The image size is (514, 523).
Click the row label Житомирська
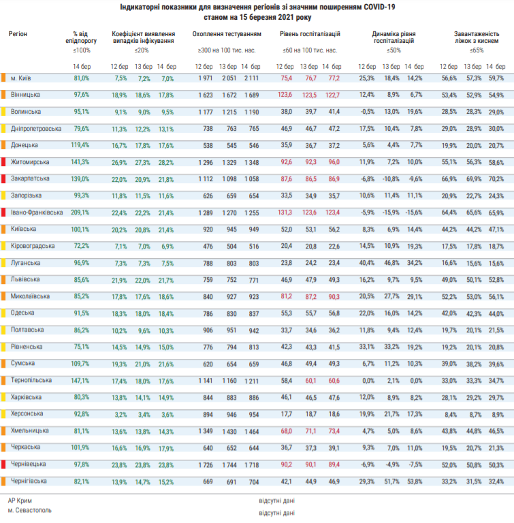click(30, 162)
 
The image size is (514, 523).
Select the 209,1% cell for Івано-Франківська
click(80, 212)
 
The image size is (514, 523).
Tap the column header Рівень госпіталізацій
click(310, 34)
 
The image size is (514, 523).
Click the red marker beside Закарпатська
click(3, 179)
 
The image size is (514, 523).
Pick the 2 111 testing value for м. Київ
click(251, 78)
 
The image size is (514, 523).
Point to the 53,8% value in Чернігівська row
click(415, 481)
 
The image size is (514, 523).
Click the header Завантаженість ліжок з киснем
click(477, 37)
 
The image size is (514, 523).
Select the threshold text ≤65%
click(477, 50)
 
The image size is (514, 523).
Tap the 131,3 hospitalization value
click(285, 212)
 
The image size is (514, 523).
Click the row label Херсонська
click(27, 413)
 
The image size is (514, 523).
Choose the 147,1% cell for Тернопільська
click(80, 381)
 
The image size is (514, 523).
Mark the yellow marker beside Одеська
click(3, 313)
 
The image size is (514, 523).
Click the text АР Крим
click(20, 501)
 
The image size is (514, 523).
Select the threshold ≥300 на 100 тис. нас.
click(227, 50)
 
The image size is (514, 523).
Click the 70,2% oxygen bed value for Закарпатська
click(496, 179)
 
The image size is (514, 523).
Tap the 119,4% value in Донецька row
click(80, 145)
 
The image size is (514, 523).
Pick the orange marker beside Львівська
click(3, 279)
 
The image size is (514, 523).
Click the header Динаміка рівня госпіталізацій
click(394, 37)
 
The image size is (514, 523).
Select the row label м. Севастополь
click(30, 510)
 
